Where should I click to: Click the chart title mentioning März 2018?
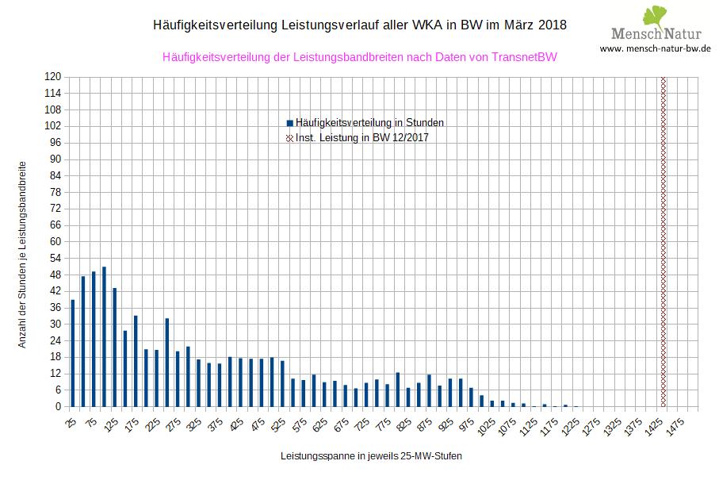point(359,25)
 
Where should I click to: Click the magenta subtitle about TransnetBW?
point(359,57)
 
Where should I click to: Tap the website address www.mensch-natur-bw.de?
point(655,48)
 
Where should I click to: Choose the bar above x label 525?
point(282,384)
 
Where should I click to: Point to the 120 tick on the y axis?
point(54,77)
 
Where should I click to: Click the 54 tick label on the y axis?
point(55,258)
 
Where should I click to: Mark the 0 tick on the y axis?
point(58,407)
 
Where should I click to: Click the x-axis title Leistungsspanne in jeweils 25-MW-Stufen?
point(371,457)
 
